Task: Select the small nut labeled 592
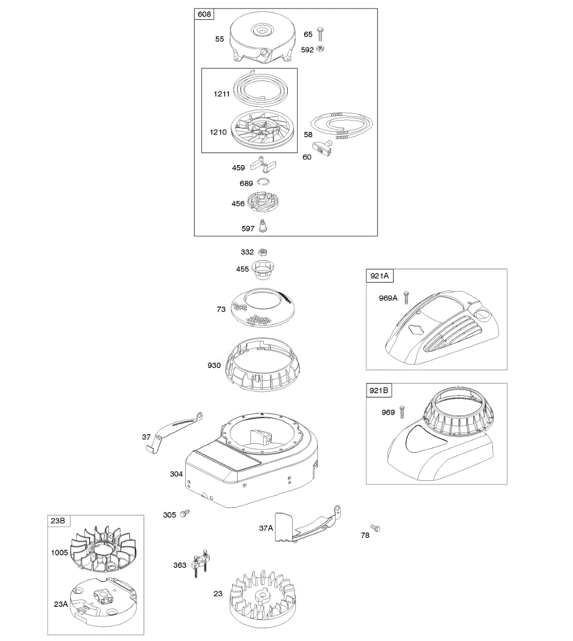pos(320,49)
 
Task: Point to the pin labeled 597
pos(263,226)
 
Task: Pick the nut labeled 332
pos(263,252)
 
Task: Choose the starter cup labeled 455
pos(264,268)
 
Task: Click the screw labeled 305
pos(185,514)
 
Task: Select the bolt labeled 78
pos(376,529)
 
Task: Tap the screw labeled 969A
pos(407,298)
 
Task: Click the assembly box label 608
pos(204,14)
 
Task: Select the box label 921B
pos(379,391)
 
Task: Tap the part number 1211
pos(222,94)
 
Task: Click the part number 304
pos(176,474)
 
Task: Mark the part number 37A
pos(266,528)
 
